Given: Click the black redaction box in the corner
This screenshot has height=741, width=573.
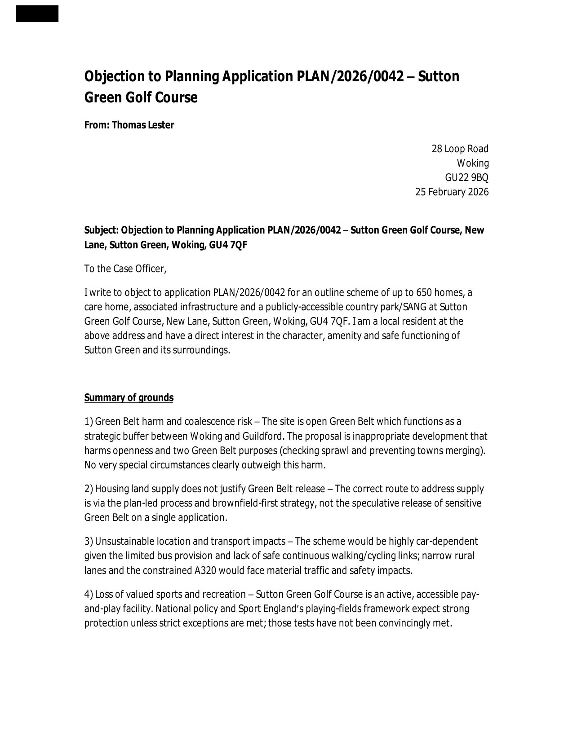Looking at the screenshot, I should pos(37,13).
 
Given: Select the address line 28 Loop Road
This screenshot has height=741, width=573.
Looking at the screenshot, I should pos(460,149).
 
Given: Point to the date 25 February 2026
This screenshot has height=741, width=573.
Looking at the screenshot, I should pos(452,192).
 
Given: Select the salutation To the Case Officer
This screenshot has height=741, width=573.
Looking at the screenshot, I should pos(125,269).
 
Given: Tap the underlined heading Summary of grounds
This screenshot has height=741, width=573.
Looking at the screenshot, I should pos(129,397).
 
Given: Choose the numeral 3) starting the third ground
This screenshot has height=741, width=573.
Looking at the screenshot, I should pos(89,541).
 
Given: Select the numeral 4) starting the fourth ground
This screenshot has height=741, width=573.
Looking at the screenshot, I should pos(89,595).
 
